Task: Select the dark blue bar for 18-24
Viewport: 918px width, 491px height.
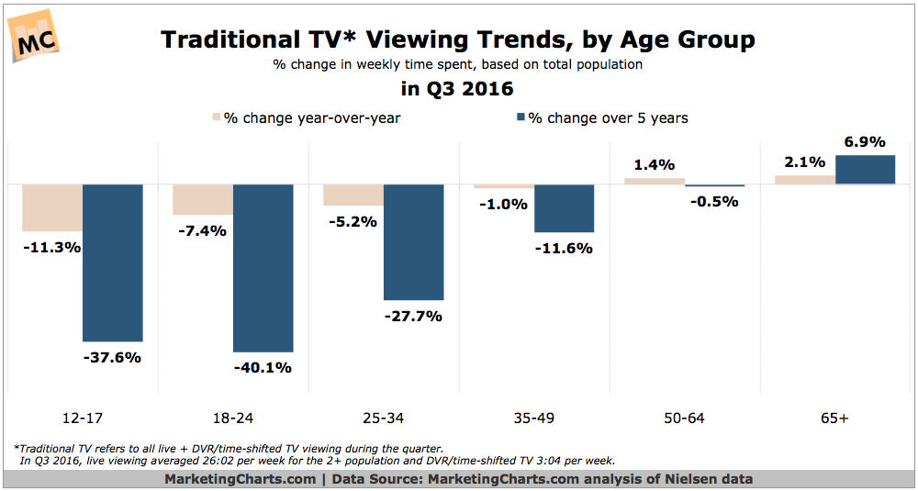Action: click(263, 268)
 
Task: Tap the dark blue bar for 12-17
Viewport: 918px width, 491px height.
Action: click(113, 262)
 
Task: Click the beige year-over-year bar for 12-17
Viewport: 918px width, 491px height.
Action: click(52, 207)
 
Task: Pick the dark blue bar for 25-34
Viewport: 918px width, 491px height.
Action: click(413, 242)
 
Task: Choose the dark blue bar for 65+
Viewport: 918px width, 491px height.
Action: click(865, 170)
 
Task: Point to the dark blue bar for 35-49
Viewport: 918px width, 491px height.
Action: click(564, 208)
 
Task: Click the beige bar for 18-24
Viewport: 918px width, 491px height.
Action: click(203, 199)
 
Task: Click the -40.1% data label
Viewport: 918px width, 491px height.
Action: click(263, 368)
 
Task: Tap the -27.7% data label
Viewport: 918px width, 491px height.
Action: click(413, 317)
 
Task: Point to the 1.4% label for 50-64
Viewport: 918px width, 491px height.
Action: click(655, 165)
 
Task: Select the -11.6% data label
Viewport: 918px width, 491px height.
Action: click(564, 249)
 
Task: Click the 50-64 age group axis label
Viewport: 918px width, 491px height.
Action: click(684, 418)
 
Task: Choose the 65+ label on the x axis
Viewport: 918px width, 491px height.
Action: click(834, 418)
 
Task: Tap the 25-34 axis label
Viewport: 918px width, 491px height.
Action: click(383, 418)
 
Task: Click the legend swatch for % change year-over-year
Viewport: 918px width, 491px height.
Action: click(218, 117)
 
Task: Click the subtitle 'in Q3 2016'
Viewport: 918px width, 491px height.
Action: click(458, 90)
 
